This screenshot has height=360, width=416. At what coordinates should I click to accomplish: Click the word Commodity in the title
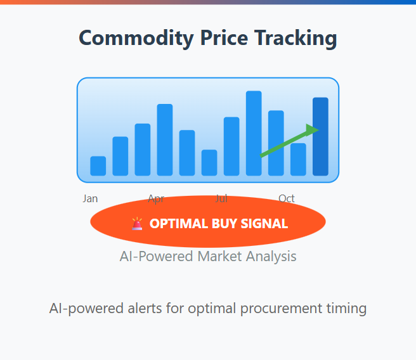136,39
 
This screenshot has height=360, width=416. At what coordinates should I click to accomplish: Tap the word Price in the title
224,38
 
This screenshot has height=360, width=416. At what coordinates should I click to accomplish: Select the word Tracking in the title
296,39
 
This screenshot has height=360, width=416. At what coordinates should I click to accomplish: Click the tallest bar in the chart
254,133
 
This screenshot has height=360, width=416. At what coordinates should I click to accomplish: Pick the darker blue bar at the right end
320,136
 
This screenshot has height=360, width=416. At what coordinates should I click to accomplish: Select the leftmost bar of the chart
98,166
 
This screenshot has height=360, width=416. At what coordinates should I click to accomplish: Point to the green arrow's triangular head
312,130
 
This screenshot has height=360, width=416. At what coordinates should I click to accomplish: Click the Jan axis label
90,198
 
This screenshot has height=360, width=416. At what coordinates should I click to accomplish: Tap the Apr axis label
156,199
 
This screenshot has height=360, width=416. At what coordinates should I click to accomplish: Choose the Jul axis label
221,198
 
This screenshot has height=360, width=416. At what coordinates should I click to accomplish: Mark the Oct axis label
287,198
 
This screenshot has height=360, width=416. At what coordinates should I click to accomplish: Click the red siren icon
137,224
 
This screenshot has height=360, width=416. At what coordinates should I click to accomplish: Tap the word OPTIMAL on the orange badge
179,224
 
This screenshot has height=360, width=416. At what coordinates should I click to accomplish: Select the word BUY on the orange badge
224,224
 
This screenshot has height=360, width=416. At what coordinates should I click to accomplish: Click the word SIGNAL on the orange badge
264,224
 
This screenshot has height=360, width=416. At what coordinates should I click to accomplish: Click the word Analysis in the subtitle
271,257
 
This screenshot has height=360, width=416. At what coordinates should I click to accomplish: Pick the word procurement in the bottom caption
281,309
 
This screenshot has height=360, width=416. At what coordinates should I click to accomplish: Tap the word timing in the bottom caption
346,309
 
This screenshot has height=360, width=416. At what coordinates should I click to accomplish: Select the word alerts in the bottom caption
145,308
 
